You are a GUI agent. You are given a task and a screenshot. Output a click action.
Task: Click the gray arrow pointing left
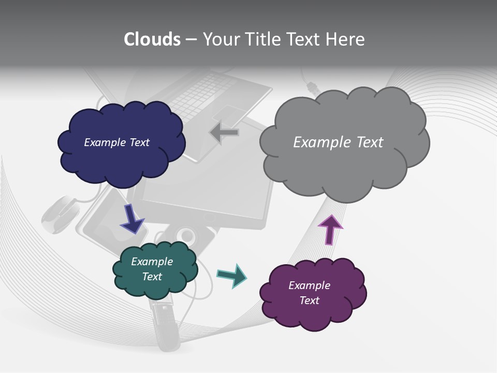[x=224, y=133]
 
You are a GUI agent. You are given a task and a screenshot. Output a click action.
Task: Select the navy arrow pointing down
[x=132, y=218]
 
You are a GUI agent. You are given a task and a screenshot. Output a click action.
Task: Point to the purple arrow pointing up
[x=330, y=229]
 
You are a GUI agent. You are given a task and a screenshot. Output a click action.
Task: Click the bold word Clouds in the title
[x=152, y=39]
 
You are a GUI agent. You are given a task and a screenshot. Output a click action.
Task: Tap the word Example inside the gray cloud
[x=317, y=142]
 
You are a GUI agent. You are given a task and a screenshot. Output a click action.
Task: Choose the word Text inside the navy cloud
[x=139, y=142]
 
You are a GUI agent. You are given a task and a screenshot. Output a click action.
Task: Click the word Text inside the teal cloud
[x=152, y=277]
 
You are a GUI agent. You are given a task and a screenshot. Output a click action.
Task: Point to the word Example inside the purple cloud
[x=309, y=285]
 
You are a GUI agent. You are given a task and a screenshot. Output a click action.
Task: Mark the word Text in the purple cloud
[x=310, y=300]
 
